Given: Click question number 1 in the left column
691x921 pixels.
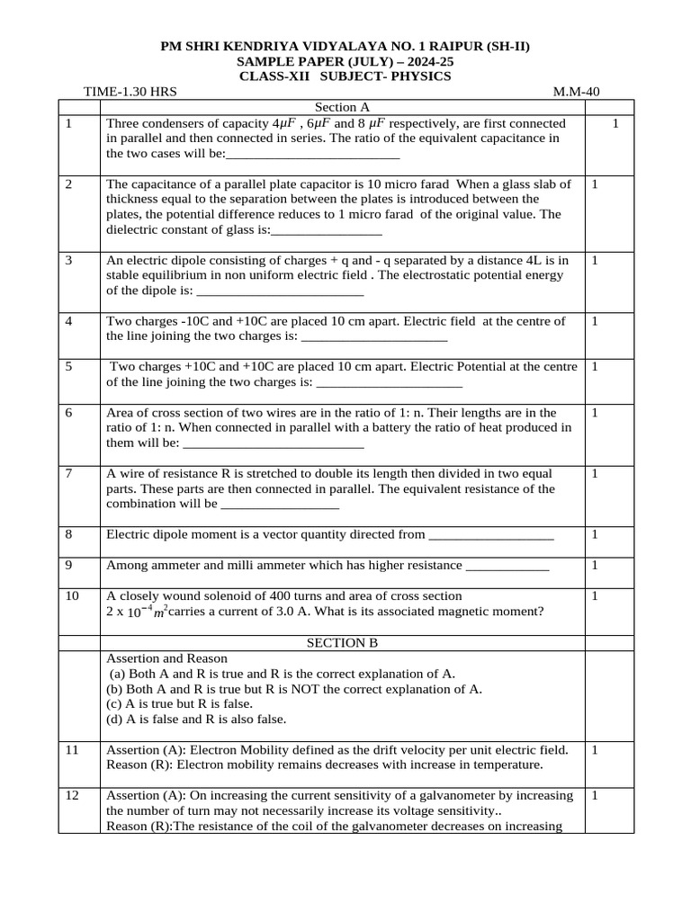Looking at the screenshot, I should click(69, 123).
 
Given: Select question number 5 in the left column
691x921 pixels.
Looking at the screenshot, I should click(69, 367).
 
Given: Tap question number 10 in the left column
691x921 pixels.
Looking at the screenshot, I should click(73, 595).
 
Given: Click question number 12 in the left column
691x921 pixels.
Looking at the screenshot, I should click(73, 795).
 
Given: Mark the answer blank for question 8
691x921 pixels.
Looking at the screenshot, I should click(491, 536).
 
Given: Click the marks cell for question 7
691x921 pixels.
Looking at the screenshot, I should click(596, 473).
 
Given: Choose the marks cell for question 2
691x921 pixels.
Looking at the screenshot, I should click(596, 183).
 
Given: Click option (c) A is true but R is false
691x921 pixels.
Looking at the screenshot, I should click(179, 703).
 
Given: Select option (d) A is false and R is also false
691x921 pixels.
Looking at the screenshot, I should click(196, 719).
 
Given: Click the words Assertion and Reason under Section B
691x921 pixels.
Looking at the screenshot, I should click(167, 658).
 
